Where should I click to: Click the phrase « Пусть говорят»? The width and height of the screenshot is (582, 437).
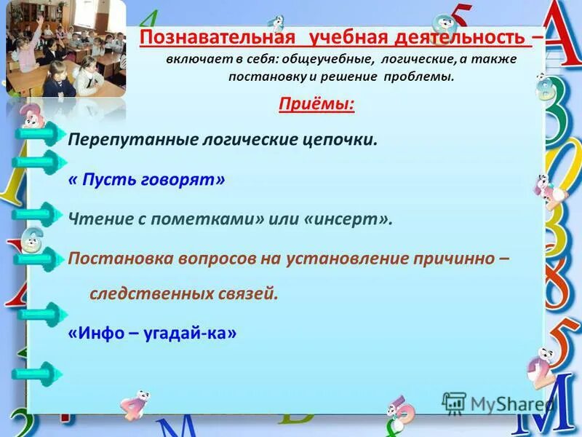pyautogui.click(x=146, y=179)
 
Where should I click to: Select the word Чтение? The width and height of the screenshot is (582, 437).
pyautogui.click(x=93, y=219)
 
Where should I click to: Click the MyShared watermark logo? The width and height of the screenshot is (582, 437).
pyautogui.click(x=497, y=403)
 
